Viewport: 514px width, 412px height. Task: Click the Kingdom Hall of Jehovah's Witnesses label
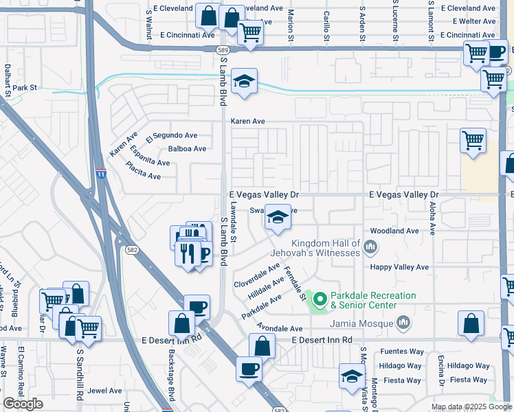click(x=325, y=249)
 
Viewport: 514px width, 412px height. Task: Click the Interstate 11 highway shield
click(x=101, y=174)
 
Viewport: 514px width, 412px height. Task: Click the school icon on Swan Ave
click(x=277, y=219)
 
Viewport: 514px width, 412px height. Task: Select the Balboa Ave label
click(x=188, y=148)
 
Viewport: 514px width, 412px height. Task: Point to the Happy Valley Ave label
click(x=399, y=267)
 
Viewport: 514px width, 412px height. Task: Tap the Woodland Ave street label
click(x=394, y=231)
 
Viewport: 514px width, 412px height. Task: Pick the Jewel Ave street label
click(x=104, y=391)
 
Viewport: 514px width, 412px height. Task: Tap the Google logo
click(x=23, y=404)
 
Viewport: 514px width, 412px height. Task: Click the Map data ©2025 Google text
click(x=471, y=407)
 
